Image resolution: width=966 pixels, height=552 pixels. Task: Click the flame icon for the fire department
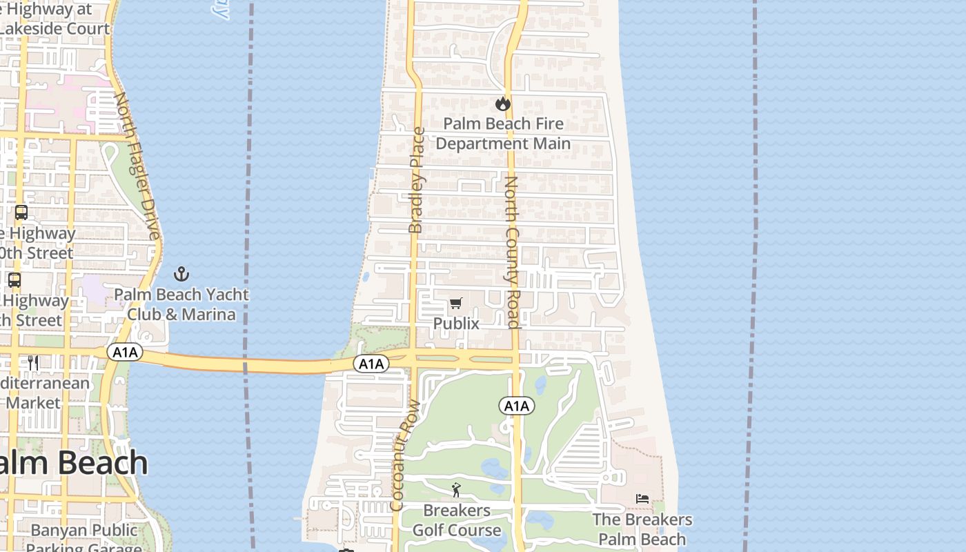point(503,103)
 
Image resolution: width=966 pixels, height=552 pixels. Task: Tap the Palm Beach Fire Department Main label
point(503,133)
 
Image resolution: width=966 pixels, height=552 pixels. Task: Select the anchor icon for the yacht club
point(181,274)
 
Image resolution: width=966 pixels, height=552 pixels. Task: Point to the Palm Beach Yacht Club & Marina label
point(181,304)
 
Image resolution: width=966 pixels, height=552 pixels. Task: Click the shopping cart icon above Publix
point(455,303)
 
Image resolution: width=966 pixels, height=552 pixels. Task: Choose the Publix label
point(456,323)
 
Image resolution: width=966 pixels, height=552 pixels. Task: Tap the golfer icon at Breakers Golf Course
point(456,491)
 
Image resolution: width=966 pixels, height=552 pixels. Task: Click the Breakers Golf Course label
point(457,520)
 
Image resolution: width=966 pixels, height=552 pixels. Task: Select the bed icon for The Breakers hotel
point(642,498)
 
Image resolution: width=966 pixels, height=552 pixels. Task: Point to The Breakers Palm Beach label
point(642,529)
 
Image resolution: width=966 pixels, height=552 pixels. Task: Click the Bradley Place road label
point(416,179)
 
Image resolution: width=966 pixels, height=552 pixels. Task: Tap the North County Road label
point(511,252)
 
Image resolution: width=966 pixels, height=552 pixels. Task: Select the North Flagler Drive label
point(137,166)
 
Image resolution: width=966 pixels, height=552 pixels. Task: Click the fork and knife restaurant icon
point(32,362)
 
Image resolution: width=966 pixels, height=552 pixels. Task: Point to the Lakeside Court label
point(55,28)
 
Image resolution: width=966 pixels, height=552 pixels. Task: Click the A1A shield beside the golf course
point(516,406)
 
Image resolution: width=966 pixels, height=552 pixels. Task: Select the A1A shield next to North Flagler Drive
point(125,353)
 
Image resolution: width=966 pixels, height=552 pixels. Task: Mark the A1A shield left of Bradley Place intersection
point(371,364)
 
